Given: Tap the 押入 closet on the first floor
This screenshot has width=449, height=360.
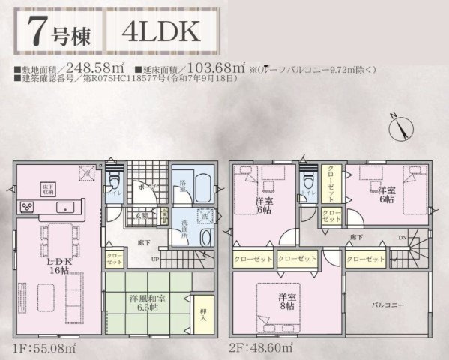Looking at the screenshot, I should pyautogui.click(x=202, y=310).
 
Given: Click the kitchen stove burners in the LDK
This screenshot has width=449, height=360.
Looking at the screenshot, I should pyautogui.click(x=26, y=205).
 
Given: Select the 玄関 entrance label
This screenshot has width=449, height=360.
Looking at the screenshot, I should pyautogui.click(x=139, y=215).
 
